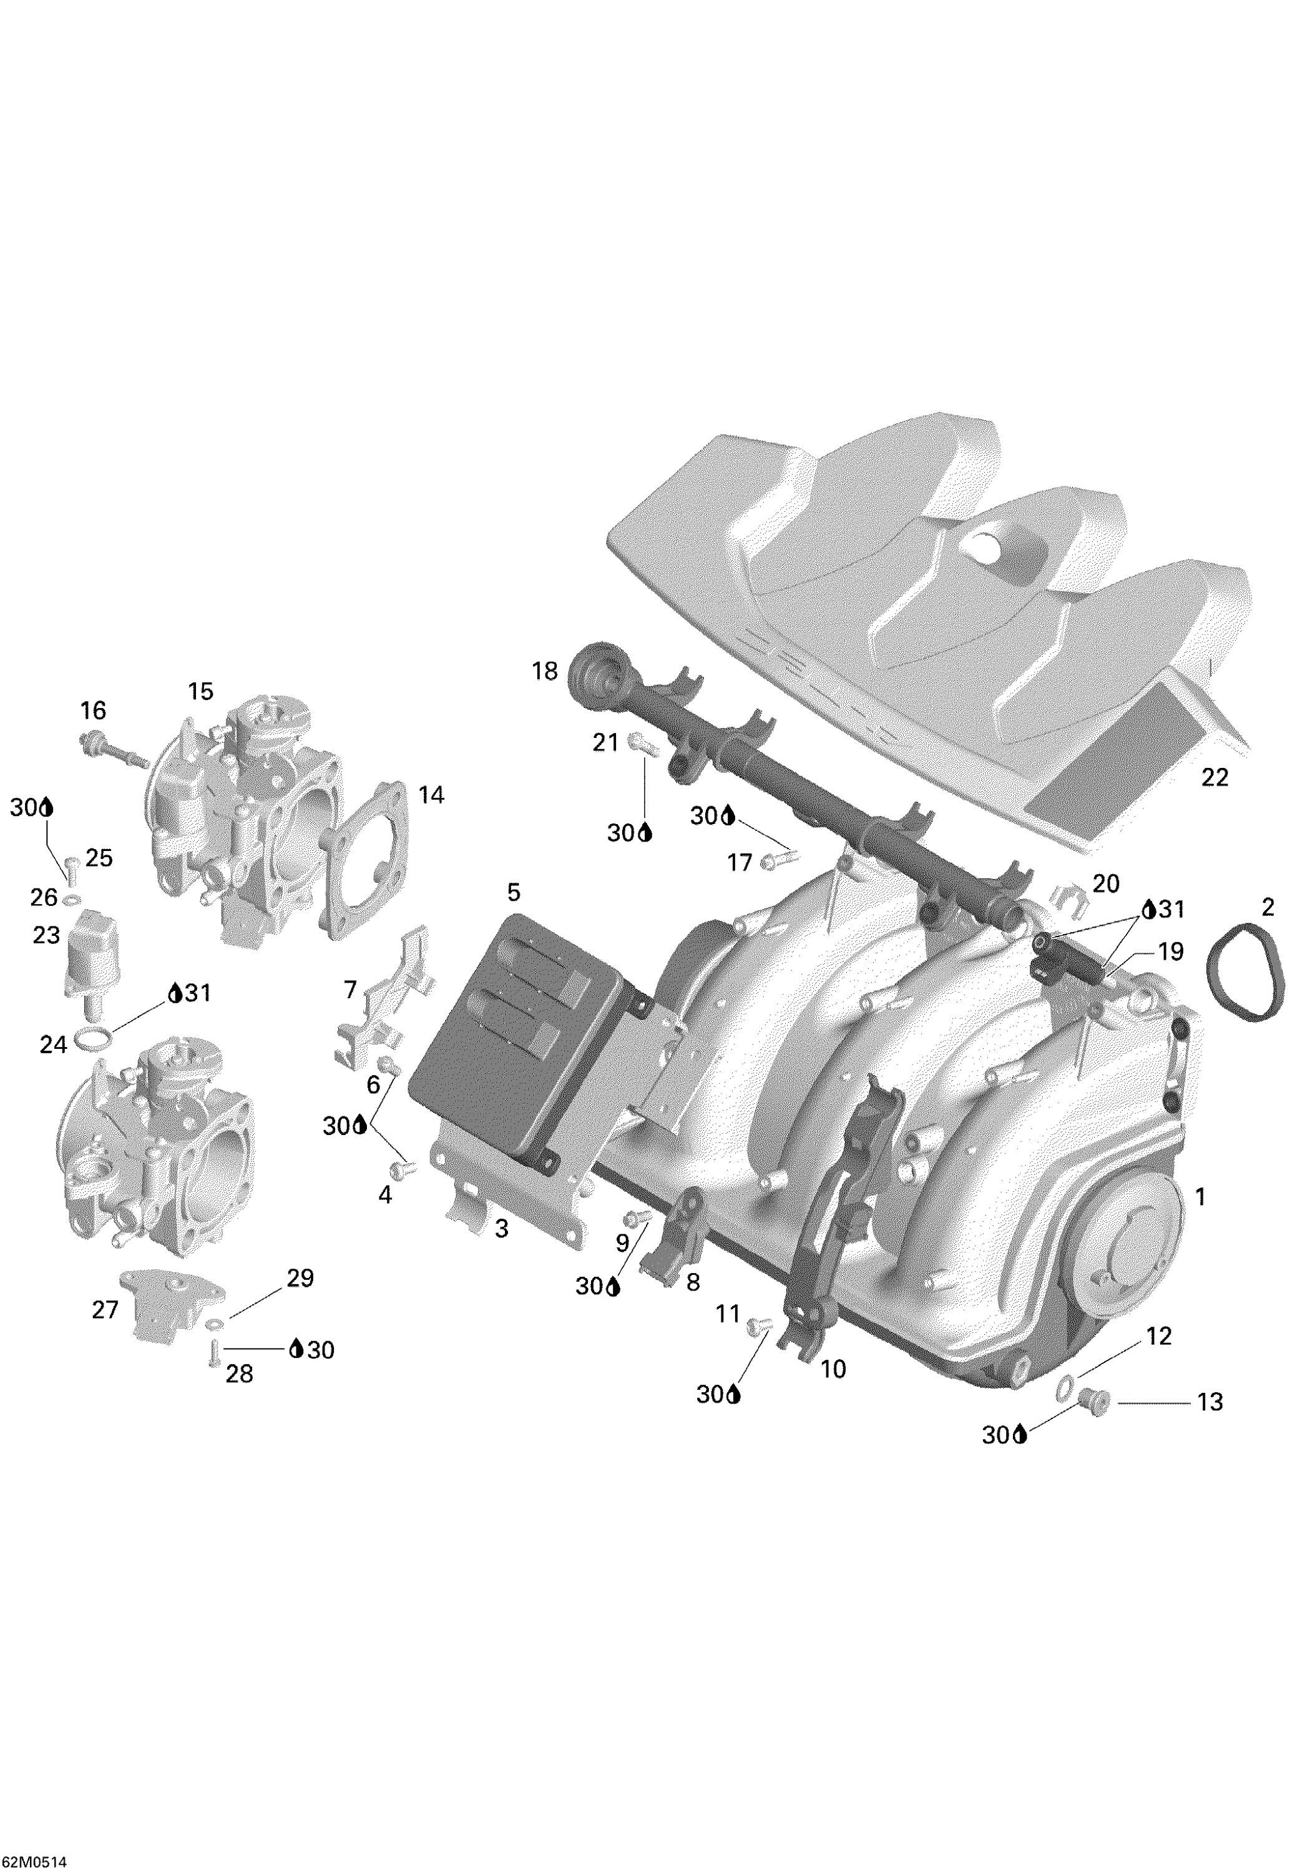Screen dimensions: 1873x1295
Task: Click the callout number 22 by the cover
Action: (x=1214, y=777)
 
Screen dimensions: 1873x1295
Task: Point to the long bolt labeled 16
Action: (x=114, y=749)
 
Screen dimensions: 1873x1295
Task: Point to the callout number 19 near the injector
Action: (x=1170, y=950)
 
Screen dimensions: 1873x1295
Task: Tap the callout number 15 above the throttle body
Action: (x=200, y=691)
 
